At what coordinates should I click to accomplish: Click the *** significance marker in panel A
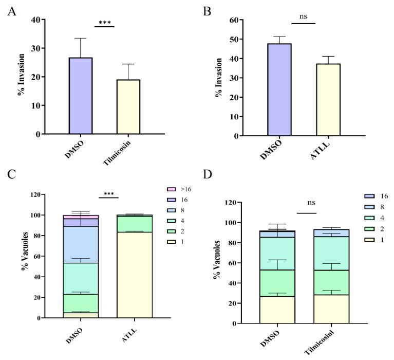tap(105, 22)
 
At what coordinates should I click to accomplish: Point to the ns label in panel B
tap(303, 17)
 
